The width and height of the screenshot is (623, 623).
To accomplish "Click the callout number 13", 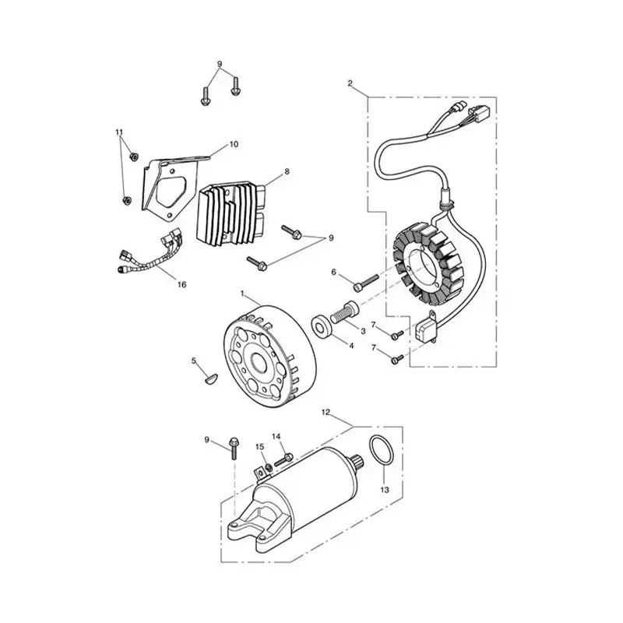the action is pos(385,490).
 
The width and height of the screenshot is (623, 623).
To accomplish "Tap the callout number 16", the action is pos(181,284).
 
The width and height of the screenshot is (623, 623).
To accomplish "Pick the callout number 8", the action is pos(287,171).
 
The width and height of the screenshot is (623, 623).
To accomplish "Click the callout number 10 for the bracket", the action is pos(234,144).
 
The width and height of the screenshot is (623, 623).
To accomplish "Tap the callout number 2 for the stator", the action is pos(350,83).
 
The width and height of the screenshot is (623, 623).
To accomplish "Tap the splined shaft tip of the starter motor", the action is pos(357,461).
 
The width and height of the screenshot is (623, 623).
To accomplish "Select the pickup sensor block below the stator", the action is pos(426,327).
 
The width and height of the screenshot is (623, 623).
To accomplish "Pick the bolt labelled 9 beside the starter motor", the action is pos(233,449).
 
